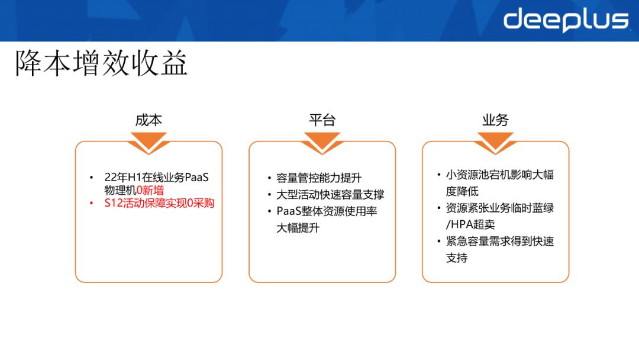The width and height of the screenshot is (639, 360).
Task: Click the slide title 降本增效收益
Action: coord(101,63)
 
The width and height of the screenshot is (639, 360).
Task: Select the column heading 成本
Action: coord(149,120)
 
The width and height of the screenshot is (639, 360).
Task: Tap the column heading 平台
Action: coord(322,120)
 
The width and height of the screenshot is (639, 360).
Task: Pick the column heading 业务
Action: coord(495,120)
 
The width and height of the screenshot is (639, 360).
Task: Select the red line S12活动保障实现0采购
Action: coord(159,203)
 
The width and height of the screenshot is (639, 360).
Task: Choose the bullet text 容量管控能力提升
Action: coord(319,178)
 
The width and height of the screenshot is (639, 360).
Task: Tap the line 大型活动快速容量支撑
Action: coord(330,195)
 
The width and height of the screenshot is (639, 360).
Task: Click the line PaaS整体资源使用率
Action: coord(327,211)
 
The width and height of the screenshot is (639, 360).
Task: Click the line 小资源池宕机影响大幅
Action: coord(499,175)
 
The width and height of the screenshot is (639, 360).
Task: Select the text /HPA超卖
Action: coord(470,224)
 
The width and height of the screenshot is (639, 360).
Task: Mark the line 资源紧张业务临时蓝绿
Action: coord(499,208)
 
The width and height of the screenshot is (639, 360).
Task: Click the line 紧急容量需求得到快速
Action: coord(499,242)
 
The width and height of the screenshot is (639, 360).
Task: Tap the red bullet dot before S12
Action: coord(91,203)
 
